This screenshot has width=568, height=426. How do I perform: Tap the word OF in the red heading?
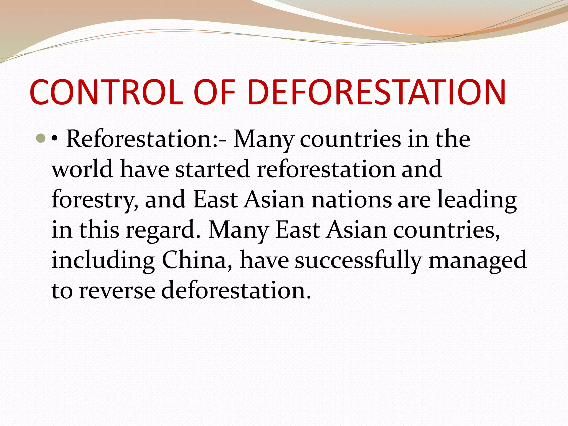[215, 92]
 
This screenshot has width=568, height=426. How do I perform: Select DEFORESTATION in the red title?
[377, 92]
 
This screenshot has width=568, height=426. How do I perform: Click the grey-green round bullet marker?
[41, 138]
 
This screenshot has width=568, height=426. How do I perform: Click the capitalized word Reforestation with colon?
[146, 139]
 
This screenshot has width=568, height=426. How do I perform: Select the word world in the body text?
[82, 169]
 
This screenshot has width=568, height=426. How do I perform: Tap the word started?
[212, 169]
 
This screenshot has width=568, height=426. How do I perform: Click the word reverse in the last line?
[117, 291]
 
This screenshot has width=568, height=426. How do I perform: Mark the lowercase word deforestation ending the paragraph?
[236, 290]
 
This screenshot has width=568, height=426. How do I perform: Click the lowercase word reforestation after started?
[326, 169]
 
